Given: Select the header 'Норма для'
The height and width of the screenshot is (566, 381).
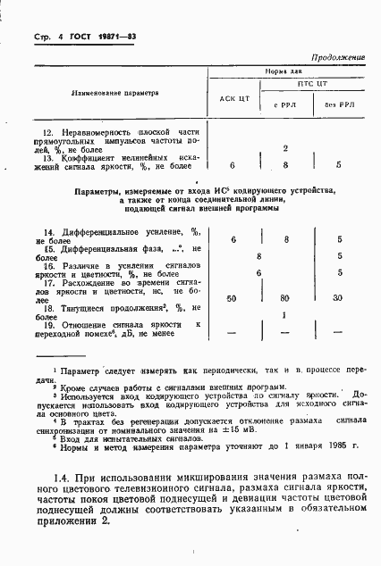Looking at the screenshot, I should click(x=287, y=69).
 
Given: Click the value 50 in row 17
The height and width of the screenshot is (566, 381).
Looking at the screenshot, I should click(x=233, y=297).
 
